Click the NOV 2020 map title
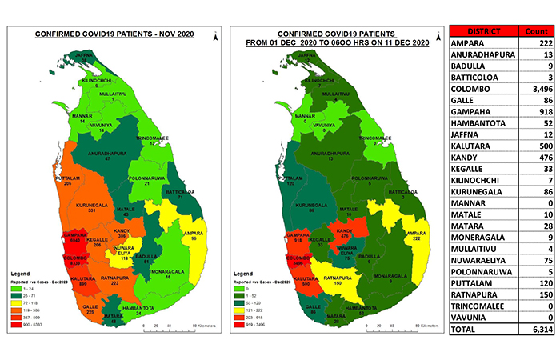114,34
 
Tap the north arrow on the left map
215,35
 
